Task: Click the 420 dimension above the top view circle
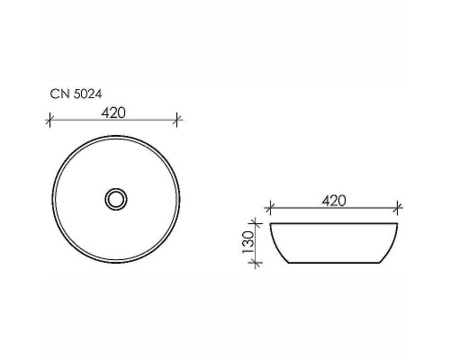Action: click(x=112, y=112)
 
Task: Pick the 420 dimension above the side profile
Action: click(x=334, y=201)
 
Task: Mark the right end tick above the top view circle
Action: click(x=178, y=119)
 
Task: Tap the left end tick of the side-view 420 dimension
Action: click(x=270, y=209)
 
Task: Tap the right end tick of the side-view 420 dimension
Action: click(x=398, y=209)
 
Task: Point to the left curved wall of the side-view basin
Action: click(x=279, y=245)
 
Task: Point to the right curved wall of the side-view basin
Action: click(x=388, y=245)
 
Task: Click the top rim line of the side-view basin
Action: click(x=333, y=222)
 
